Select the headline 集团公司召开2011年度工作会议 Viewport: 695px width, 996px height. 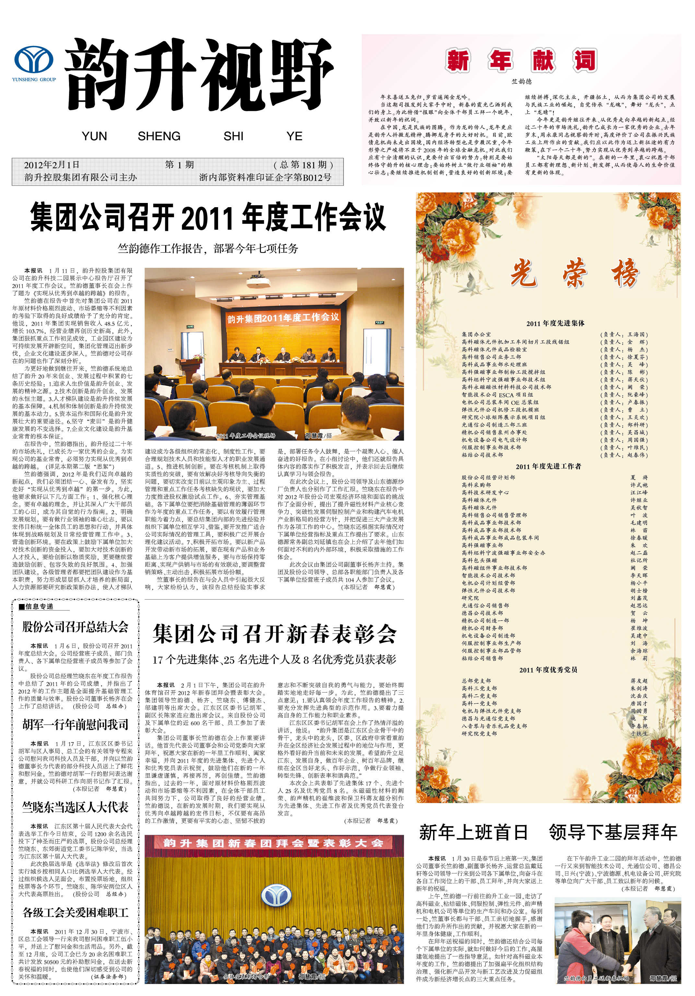point(208,218)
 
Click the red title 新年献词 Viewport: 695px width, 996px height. point(521,60)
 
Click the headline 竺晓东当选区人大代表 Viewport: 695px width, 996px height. point(76,807)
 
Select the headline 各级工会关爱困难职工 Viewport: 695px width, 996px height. point(76,912)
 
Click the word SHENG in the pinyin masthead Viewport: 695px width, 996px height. point(159,136)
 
